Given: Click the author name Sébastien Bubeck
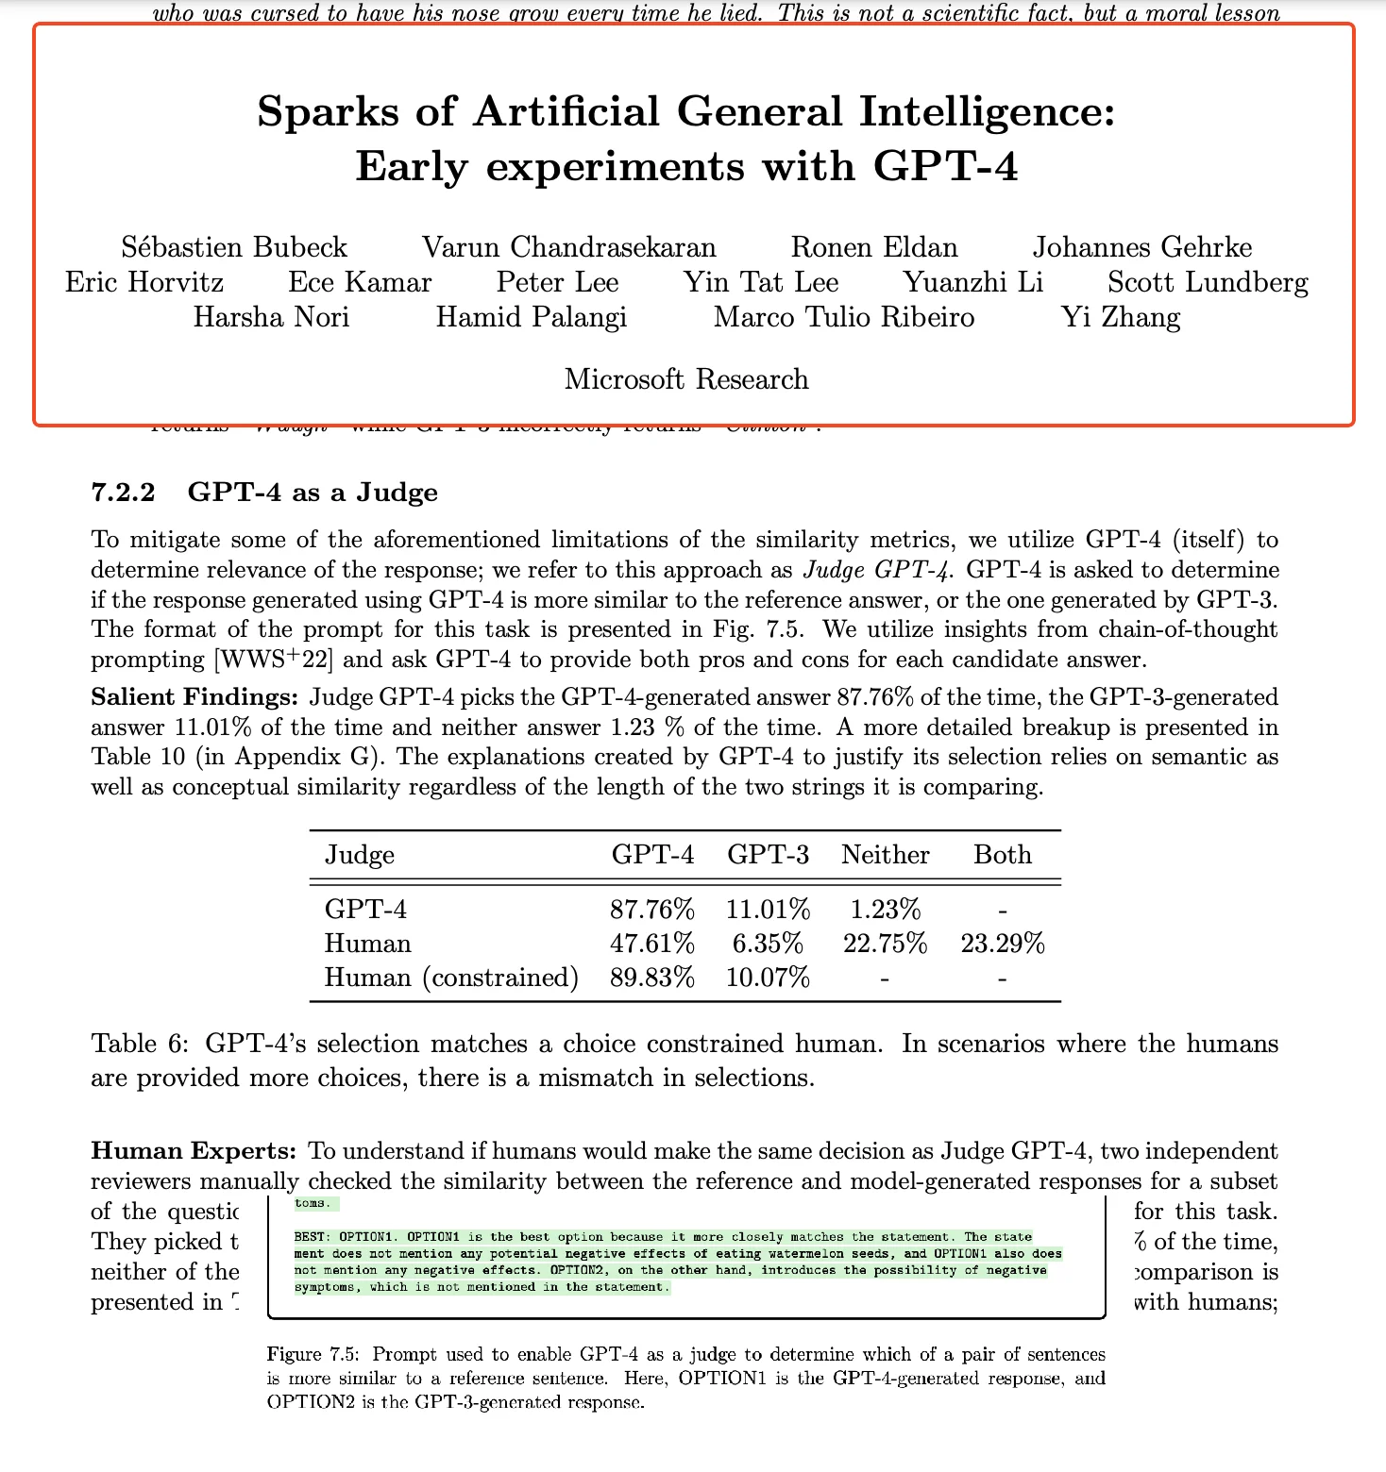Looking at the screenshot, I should coord(234,247).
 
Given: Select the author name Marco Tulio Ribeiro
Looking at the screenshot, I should coord(844,317).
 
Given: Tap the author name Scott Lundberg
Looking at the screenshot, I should coord(1208,282).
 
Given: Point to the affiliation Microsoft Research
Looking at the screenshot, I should coord(686,379).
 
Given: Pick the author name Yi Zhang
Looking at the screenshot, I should coord(1121,317).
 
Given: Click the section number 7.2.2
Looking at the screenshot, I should coord(123,493).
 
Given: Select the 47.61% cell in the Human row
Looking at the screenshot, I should coord(652,944).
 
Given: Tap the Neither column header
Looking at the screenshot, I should coord(886,855).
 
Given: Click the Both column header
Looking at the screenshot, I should coord(1003,855).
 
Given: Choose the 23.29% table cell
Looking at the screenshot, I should coord(1003,944).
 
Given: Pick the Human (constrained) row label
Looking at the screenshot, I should coord(451,978).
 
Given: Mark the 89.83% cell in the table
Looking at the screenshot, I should coord(652,978).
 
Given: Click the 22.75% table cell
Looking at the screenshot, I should coord(886,944).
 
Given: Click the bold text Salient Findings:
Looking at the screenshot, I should coord(194,697).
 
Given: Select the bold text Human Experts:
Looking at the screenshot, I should coord(194,1151).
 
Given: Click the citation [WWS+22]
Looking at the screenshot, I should coord(275,660).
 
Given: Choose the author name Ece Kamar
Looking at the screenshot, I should coord(360,282).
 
